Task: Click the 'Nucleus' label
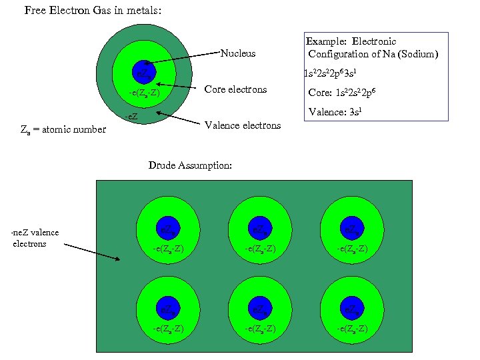[237, 53]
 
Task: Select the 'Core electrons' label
[235, 89]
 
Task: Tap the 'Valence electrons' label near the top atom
[243, 125]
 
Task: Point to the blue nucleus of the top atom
[144, 71]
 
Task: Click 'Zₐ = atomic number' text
[64, 129]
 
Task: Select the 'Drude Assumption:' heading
[190, 165]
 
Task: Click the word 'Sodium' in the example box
[419, 54]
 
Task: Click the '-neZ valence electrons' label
[35, 238]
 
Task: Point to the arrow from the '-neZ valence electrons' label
[92, 251]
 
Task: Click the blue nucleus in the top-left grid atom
[168, 229]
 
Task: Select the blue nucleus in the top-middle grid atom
[260, 229]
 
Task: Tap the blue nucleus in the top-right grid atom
[353, 229]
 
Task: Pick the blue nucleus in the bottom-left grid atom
[168, 309]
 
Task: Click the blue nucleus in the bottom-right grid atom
[353, 309]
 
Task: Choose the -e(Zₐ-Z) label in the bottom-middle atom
[260, 329]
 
